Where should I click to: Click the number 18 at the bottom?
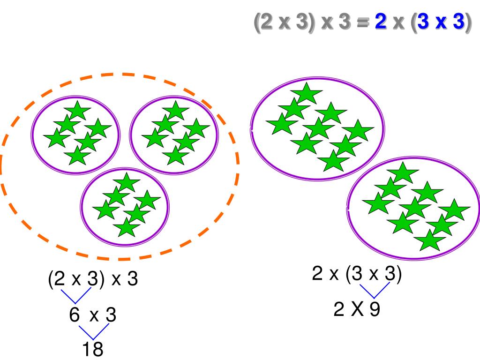[x=92, y=350]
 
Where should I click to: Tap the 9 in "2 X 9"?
[x=374, y=309]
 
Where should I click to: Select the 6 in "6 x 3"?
[x=75, y=315]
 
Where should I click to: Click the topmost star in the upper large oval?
[x=307, y=93]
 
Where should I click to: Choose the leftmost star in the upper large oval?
[x=282, y=125]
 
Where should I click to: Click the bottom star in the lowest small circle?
[x=127, y=228]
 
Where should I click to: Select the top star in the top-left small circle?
[x=77, y=111]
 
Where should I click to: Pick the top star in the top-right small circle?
[x=175, y=111]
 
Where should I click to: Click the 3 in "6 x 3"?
[x=111, y=315]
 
